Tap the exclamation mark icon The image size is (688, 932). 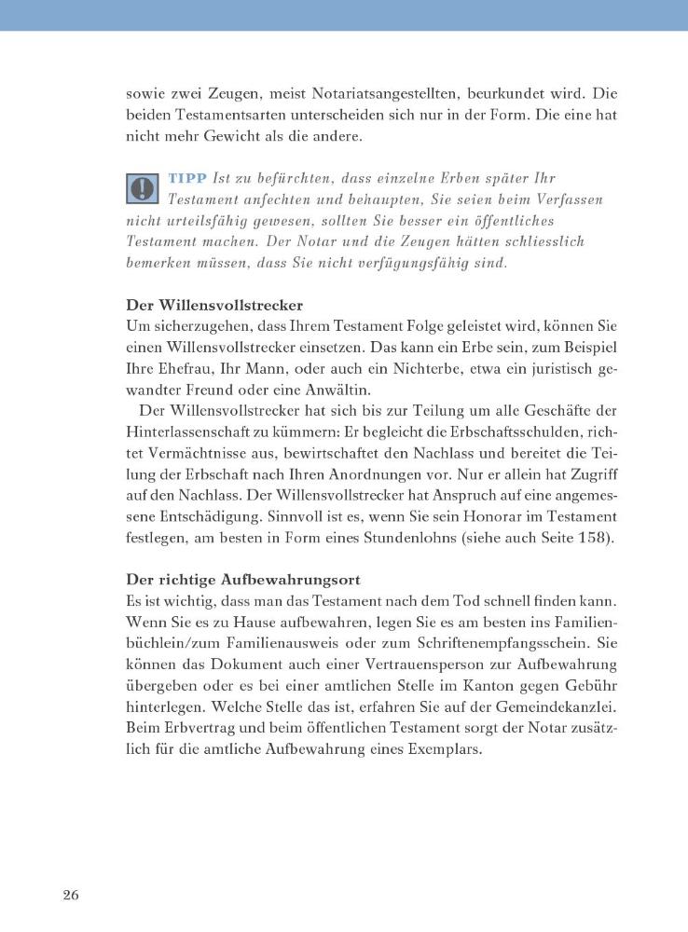pyautogui.click(x=141, y=187)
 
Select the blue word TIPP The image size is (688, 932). pyautogui.click(x=188, y=178)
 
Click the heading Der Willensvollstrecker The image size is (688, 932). pyautogui.click(x=214, y=305)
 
